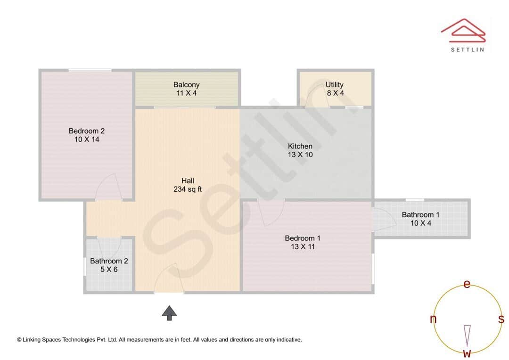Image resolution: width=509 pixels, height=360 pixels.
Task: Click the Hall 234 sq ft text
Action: coord(188,185)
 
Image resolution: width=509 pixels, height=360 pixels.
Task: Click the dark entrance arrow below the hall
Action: coord(169,312)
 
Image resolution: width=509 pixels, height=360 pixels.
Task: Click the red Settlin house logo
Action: coord(463,29)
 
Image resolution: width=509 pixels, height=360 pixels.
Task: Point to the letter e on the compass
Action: coord(467,284)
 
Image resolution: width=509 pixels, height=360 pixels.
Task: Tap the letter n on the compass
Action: coord(433,319)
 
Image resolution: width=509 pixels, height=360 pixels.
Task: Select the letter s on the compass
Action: coord(501,319)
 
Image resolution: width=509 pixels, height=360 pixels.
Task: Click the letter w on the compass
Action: coord(467,353)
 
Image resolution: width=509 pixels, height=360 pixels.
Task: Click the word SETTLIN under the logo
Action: coord(467,49)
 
